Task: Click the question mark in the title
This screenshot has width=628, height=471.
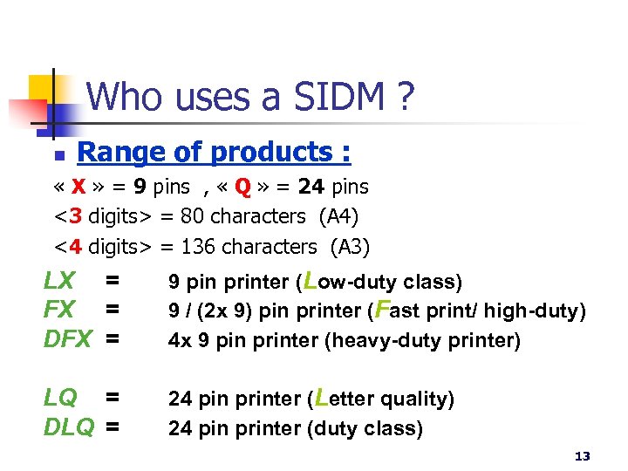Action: click(x=403, y=96)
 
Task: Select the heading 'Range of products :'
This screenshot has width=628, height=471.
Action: click(x=214, y=153)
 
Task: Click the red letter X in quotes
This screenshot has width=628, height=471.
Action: click(x=78, y=187)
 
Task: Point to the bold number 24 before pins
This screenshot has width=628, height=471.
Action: click(x=310, y=187)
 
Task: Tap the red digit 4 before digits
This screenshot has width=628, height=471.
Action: click(x=75, y=247)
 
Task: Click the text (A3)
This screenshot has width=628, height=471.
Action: click(x=350, y=247)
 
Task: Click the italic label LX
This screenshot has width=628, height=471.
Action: click(x=60, y=281)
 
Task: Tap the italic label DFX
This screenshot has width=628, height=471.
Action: click(x=66, y=339)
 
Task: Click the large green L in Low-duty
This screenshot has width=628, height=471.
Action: click(x=308, y=279)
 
